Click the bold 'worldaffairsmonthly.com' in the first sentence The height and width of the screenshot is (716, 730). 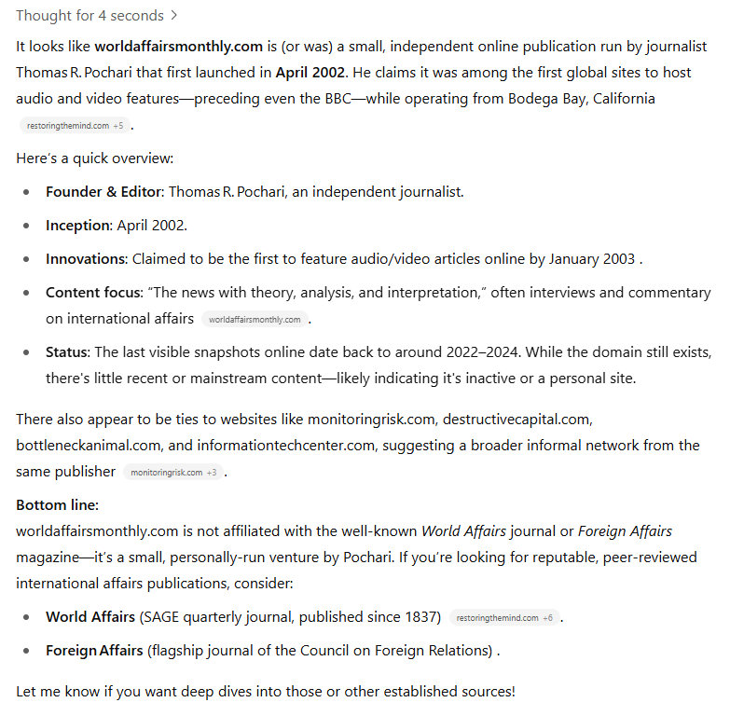178,46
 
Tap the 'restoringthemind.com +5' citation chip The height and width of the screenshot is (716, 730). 75,125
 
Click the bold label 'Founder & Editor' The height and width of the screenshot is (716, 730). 103,192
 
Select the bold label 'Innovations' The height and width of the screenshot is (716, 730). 86,259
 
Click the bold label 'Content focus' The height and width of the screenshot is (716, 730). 92,293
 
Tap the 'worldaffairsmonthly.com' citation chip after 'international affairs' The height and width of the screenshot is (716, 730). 255,320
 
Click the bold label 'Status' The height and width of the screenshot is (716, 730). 66,352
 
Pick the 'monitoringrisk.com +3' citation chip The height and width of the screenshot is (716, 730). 172,473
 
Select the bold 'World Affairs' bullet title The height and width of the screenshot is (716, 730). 90,617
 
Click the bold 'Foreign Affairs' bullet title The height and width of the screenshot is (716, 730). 94,651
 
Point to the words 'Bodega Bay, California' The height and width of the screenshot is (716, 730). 581,98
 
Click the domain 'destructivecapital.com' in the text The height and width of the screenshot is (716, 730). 517,420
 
